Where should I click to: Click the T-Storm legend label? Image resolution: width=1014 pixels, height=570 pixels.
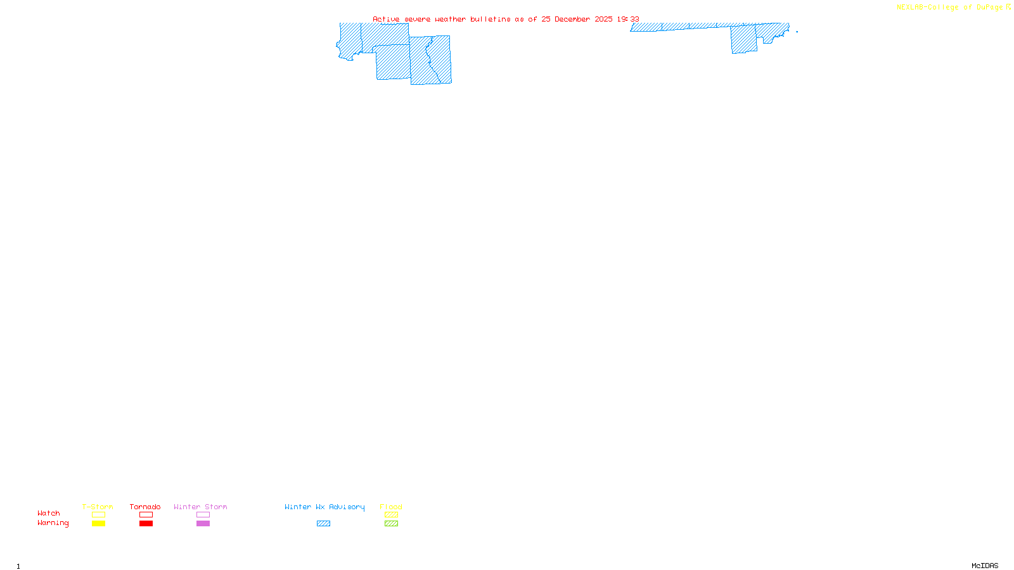[98, 507]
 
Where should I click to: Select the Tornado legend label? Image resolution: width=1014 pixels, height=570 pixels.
[145, 507]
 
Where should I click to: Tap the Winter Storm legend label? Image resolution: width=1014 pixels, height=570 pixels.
[200, 507]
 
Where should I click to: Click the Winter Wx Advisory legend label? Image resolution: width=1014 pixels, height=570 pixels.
[324, 507]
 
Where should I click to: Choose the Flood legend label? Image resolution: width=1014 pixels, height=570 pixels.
[391, 507]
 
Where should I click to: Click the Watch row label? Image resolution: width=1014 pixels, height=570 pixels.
[49, 513]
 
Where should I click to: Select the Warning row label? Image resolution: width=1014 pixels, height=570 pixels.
[53, 523]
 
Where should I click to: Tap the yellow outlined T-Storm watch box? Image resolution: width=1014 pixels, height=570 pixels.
[98, 515]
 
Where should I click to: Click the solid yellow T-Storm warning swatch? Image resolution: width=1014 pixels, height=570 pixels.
[98, 524]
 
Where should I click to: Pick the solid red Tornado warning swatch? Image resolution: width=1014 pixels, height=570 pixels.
[146, 524]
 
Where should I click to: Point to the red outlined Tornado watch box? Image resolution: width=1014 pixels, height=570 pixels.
[146, 515]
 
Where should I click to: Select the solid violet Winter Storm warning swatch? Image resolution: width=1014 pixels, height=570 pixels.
[203, 524]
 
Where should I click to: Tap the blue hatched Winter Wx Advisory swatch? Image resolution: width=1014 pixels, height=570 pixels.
[323, 524]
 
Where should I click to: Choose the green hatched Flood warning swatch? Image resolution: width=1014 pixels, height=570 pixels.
[391, 524]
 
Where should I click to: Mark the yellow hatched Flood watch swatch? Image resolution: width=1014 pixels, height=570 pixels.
[391, 515]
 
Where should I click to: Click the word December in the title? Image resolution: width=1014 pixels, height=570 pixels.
[572, 19]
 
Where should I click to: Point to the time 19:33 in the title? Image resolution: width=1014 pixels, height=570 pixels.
[628, 19]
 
